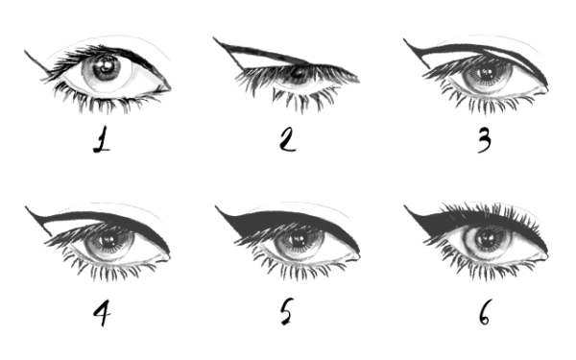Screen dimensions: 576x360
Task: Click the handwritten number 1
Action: (x=102, y=139)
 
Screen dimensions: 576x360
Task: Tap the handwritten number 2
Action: (x=287, y=139)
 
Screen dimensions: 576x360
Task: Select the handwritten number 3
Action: (x=484, y=141)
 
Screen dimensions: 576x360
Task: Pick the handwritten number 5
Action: (x=286, y=311)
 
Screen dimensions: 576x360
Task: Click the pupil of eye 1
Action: (x=107, y=66)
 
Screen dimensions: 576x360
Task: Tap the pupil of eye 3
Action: (x=488, y=73)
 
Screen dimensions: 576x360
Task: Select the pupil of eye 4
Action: (x=108, y=240)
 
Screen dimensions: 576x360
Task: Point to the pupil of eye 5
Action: (x=298, y=240)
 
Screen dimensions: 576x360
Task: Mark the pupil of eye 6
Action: (x=488, y=239)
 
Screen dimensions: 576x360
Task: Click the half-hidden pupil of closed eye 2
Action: (x=298, y=73)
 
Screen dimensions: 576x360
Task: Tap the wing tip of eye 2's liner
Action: (x=213, y=37)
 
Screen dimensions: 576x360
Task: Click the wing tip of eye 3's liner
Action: (x=404, y=39)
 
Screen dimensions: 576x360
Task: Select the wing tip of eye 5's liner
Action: (x=215, y=206)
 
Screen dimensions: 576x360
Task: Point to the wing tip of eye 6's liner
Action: (x=404, y=205)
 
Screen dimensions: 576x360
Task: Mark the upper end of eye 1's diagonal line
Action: (x=25, y=51)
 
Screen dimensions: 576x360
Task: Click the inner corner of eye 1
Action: (x=170, y=88)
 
